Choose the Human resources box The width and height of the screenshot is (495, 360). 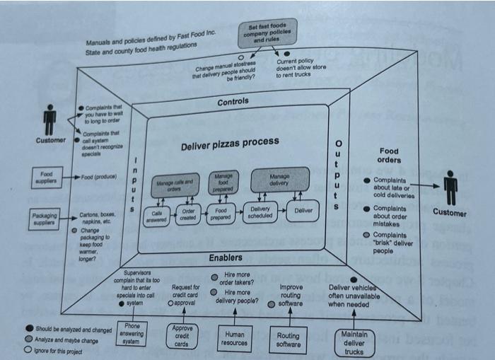coord(235,339)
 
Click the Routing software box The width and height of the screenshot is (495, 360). coord(287,340)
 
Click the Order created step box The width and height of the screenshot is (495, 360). coord(189,214)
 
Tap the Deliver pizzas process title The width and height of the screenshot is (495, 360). coord(230,144)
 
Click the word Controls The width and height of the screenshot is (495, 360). coord(233,102)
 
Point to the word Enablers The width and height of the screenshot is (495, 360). coord(225,257)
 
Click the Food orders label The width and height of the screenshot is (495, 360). coord(389,156)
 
